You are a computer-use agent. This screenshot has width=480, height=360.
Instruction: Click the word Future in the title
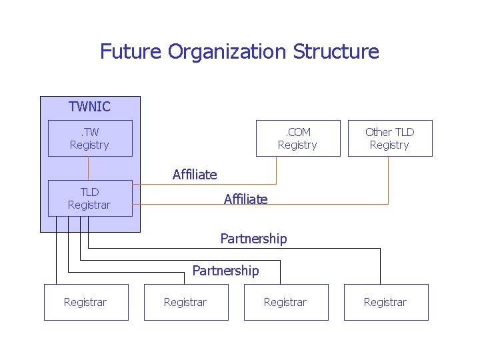tap(131, 51)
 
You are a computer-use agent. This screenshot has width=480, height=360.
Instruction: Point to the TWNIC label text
tap(89, 107)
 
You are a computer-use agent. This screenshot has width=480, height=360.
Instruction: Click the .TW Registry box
tap(90, 138)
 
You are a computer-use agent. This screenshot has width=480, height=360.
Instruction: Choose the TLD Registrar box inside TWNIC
tap(90, 198)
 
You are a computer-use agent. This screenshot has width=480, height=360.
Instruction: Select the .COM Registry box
tap(297, 138)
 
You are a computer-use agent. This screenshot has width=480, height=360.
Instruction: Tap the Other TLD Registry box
tap(390, 138)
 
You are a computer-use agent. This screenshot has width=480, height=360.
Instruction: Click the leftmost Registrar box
tap(86, 302)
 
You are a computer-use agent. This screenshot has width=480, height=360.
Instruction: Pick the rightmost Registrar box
tap(386, 302)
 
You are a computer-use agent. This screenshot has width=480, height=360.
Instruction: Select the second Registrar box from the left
tap(186, 302)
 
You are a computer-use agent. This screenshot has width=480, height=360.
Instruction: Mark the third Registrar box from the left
tap(286, 302)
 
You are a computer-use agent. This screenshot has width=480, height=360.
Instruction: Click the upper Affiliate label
tap(195, 175)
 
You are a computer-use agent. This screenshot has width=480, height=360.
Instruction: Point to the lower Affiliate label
tap(245, 199)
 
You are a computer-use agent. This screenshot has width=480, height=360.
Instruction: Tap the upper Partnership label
tap(253, 239)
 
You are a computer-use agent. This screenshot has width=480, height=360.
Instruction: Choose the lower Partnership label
tap(225, 271)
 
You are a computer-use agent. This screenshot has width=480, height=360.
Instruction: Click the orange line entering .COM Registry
tap(276, 171)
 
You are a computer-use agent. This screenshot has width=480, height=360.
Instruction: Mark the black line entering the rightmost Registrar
tap(380, 267)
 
